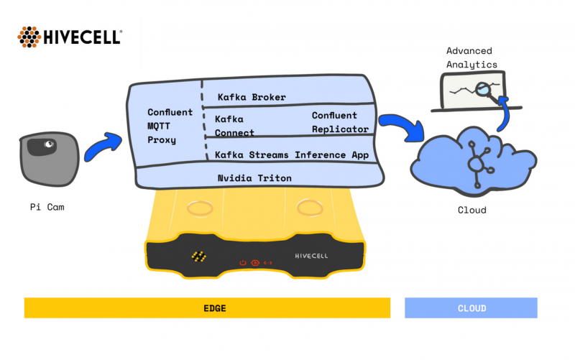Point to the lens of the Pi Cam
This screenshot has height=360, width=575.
(49, 144)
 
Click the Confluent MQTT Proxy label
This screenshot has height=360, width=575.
(170, 126)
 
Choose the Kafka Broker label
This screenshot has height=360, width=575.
(252, 97)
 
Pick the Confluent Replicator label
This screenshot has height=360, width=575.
(334, 122)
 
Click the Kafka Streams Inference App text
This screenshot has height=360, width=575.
(291, 154)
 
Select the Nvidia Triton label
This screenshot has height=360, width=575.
(255, 177)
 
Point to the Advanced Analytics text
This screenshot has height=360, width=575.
(471, 57)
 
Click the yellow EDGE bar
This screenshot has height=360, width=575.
(207, 308)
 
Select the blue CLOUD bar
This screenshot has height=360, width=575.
(471, 308)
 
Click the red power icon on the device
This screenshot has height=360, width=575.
(243, 262)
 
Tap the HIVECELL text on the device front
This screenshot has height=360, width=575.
(312, 256)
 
